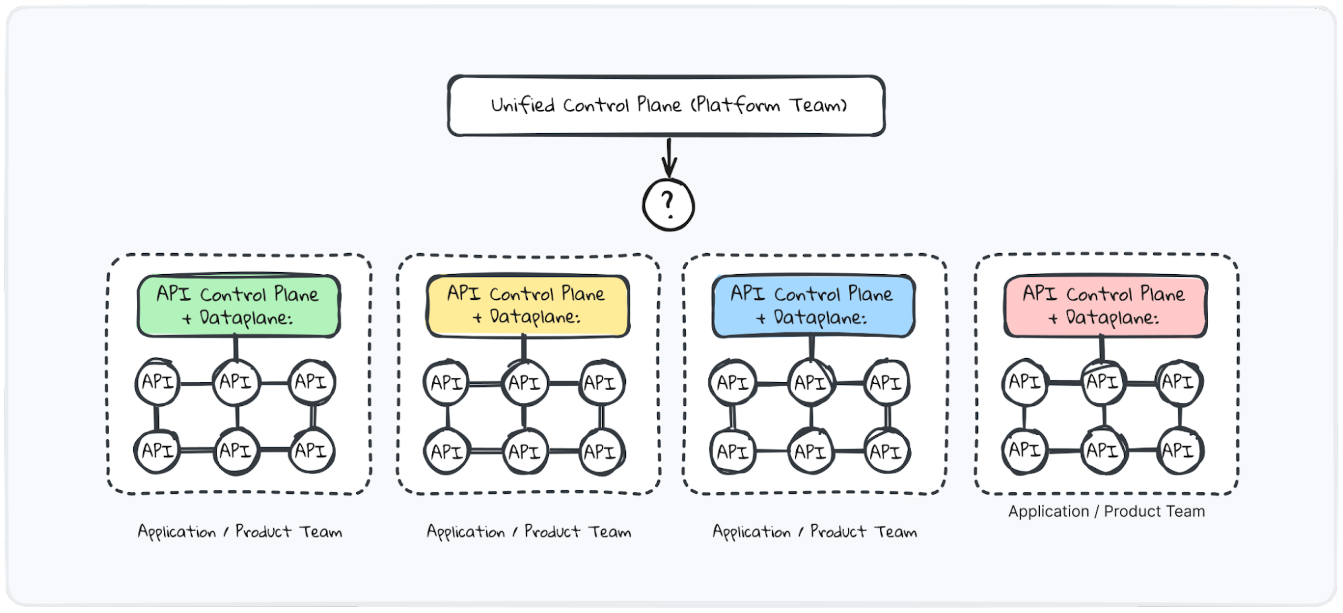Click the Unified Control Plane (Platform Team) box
666,106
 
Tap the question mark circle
668,205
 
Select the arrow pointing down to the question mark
669,157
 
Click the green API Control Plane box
239,306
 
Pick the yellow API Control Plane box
528,306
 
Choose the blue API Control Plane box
814,306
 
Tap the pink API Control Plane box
1105,306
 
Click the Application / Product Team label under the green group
240,532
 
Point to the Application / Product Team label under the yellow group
529,532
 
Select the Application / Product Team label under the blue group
815,532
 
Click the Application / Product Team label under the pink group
1106,511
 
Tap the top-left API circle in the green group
157,382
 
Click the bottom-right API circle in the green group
312,450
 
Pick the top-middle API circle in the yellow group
524,383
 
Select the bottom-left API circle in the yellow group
447,451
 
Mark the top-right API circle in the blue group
886,383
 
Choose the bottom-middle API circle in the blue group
811,451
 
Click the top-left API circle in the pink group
1025,382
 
